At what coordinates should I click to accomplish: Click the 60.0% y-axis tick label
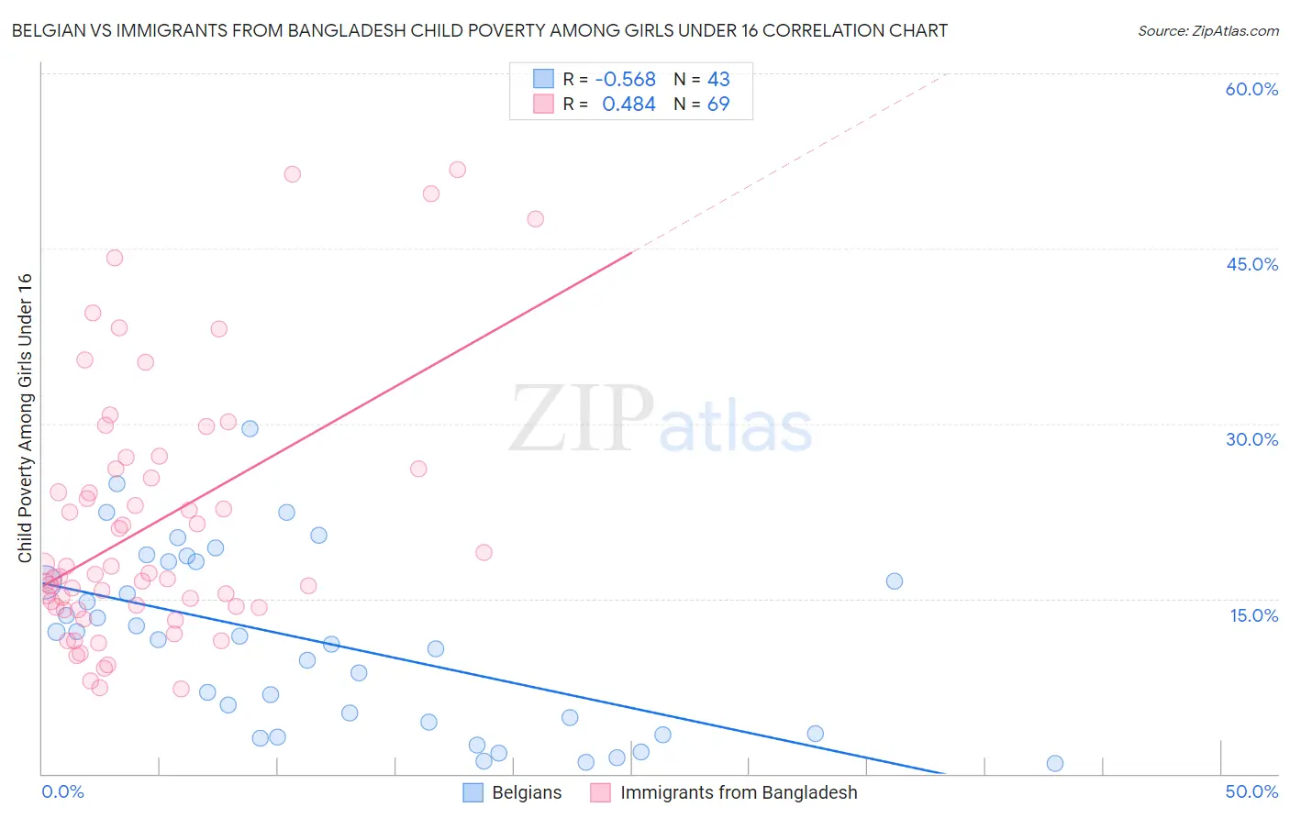pos(1251,89)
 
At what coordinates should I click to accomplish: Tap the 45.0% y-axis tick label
pos(1251,264)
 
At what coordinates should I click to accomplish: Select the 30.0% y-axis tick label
pos(1251,439)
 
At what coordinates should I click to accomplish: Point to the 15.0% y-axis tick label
pos(1253,615)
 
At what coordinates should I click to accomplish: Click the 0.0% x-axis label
pos(62,791)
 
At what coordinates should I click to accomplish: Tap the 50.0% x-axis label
pos(1251,791)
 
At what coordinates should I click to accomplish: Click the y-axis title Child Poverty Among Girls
pos(25,418)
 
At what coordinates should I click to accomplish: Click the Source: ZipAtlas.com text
pos(1207,30)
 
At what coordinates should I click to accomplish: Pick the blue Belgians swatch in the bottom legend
pos(473,792)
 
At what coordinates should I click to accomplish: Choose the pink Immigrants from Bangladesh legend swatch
pos(600,792)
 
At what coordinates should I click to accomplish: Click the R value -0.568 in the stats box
pos(626,80)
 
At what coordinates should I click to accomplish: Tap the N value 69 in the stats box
pos(718,105)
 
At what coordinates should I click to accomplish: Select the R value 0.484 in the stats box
pos(628,105)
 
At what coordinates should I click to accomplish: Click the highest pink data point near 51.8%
pos(457,170)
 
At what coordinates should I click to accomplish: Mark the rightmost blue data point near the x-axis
pos(1055,763)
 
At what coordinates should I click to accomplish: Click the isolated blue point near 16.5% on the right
pos(895,580)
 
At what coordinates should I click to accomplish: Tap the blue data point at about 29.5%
pos(250,428)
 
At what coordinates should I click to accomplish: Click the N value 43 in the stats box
pos(718,80)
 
